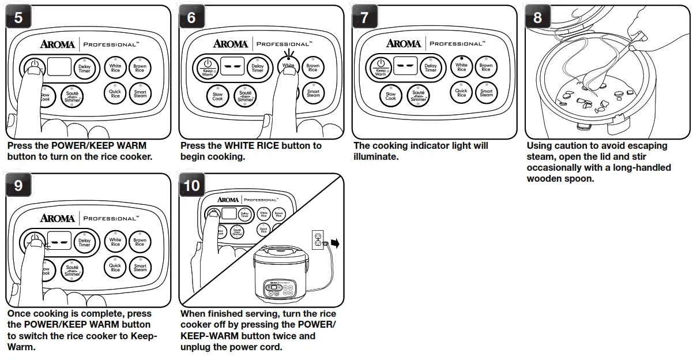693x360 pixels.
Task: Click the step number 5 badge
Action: (x=18, y=18)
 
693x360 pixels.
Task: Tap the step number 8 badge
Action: (x=537, y=18)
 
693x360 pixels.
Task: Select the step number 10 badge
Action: (x=191, y=186)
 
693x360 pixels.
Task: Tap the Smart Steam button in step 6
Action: (x=313, y=93)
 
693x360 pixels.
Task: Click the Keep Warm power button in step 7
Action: (x=381, y=67)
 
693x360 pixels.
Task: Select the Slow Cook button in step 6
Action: (x=217, y=96)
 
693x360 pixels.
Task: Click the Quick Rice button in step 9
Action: (x=115, y=267)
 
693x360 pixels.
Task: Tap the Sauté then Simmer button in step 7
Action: (x=419, y=96)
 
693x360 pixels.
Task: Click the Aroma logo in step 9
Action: (x=57, y=218)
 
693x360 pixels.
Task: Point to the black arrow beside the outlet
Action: (x=334, y=243)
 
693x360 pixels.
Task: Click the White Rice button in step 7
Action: (x=462, y=67)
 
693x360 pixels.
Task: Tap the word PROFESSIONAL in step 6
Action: (x=283, y=44)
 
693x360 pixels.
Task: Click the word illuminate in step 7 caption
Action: (x=376, y=157)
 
